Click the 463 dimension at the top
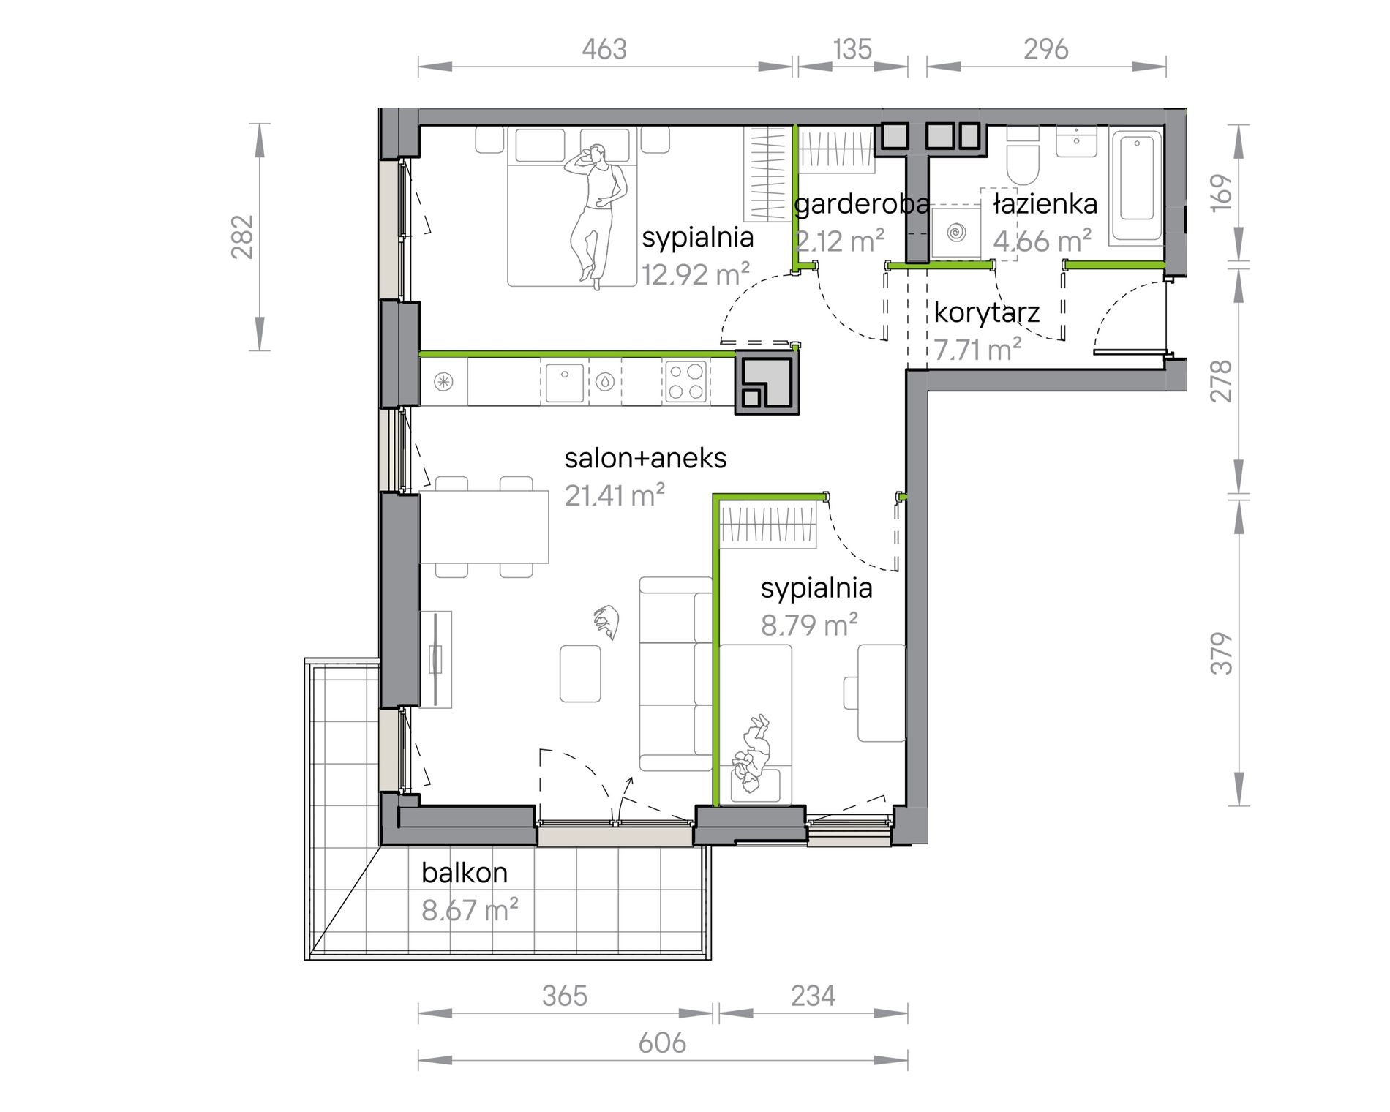[x=604, y=49]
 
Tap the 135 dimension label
[x=852, y=49]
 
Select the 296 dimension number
[x=1046, y=49]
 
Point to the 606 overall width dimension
[x=662, y=1043]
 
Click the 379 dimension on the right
[x=1222, y=653]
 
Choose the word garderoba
[x=862, y=204]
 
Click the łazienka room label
[x=1045, y=204]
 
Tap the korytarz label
[x=987, y=313]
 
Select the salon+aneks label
[x=645, y=458]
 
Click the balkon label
[x=465, y=872]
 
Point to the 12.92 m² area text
[x=696, y=274]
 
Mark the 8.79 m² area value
[x=809, y=625]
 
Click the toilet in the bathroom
[x=1023, y=157]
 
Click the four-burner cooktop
[x=686, y=382]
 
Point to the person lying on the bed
[x=595, y=217]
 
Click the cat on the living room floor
[x=606, y=623]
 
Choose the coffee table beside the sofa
[x=580, y=673]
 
